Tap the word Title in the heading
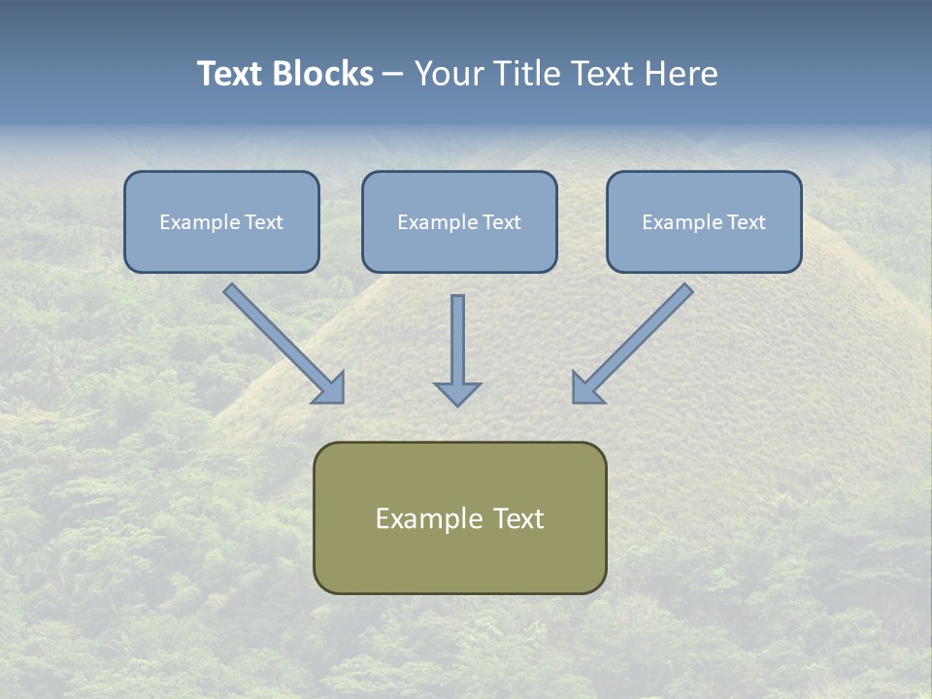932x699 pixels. click(x=527, y=74)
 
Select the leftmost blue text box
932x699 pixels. click(x=221, y=221)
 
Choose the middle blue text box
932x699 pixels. click(x=459, y=221)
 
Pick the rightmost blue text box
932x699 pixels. click(x=704, y=221)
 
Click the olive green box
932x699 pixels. click(x=459, y=517)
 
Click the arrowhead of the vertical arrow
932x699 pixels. click(x=457, y=393)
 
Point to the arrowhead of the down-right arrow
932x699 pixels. click(x=331, y=389)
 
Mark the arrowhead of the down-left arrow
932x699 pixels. click(x=586, y=389)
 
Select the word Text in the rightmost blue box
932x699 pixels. click(x=747, y=222)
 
